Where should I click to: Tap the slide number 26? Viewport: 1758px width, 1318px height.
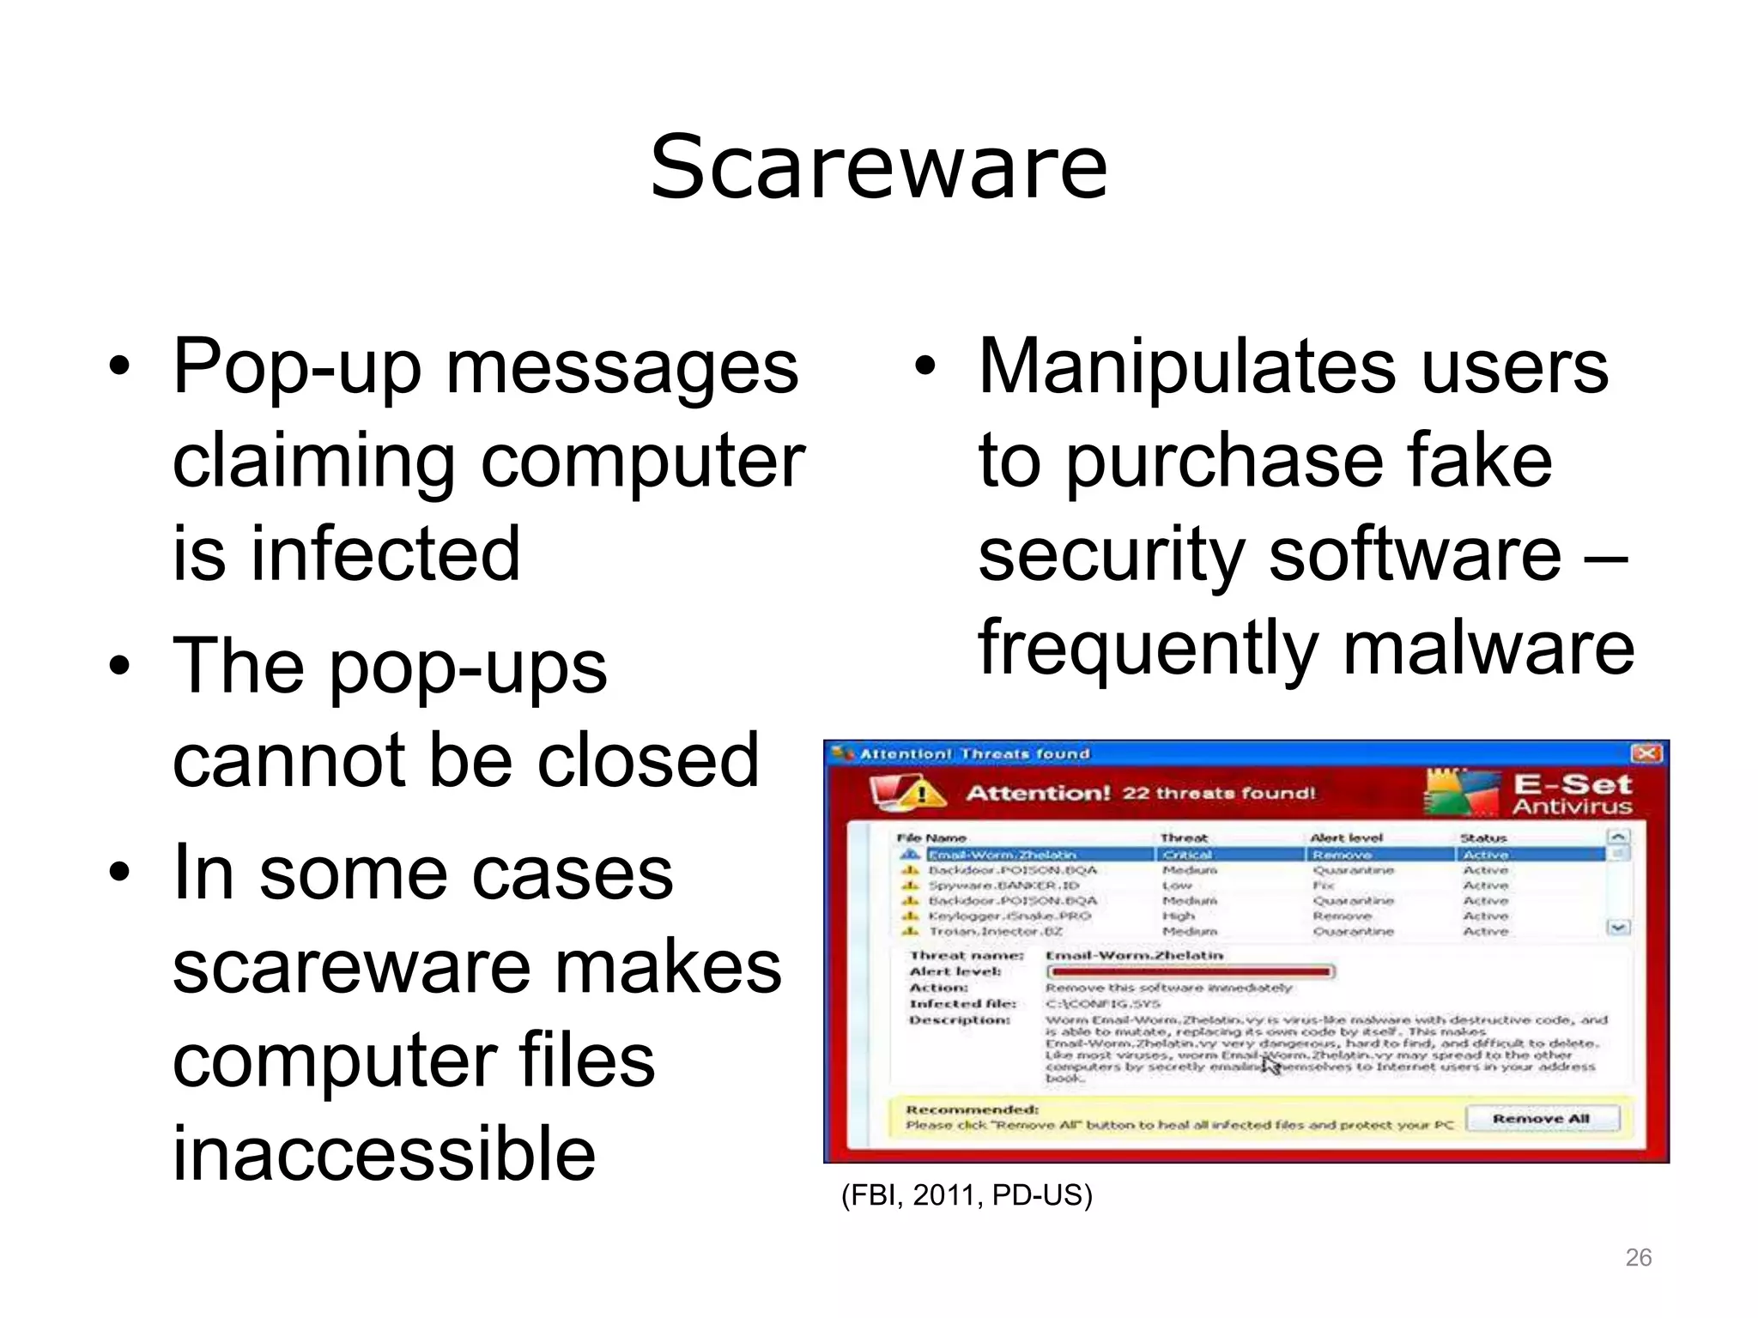point(1638,1257)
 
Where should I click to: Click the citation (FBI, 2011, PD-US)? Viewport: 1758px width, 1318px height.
point(967,1194)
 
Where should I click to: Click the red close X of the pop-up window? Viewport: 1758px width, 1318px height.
point(1646,753)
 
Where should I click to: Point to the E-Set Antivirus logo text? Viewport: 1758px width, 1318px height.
point(1571,794)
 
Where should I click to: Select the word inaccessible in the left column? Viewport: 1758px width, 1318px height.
point(384,1152)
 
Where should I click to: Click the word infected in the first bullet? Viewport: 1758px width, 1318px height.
point(385,554)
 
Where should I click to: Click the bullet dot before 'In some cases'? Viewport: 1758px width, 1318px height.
point(120,874)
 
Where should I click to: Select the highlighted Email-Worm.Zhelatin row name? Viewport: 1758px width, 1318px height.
point(1002,855)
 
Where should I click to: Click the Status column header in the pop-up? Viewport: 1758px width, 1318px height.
point(1482,837)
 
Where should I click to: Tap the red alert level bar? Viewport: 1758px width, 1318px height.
point(1190,971)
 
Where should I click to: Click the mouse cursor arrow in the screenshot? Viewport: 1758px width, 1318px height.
point(1270,1065)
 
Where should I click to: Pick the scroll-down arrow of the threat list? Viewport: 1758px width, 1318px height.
point(1618,928)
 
